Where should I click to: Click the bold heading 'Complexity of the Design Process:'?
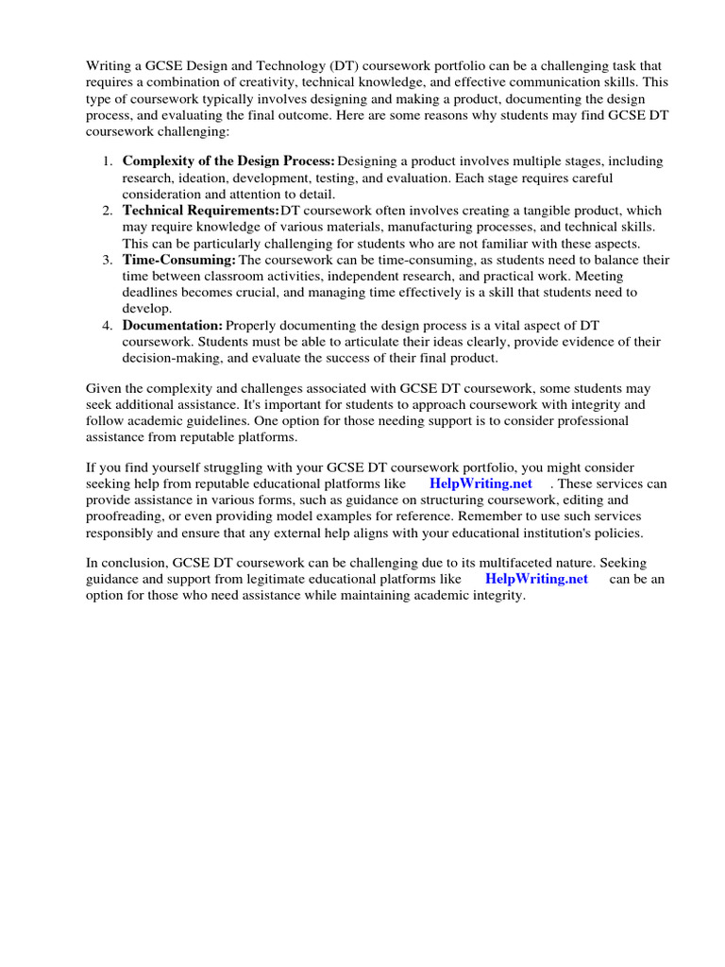228,161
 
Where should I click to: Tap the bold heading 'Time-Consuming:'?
179,260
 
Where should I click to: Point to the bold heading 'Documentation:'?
173,325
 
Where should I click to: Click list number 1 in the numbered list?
108,161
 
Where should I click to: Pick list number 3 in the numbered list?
108,260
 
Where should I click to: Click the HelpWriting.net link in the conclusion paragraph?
536,579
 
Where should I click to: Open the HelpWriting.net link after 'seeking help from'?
481,483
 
